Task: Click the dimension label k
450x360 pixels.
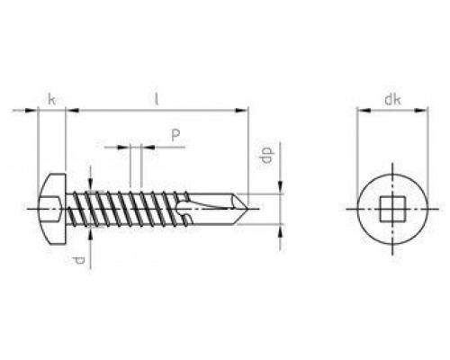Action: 51,99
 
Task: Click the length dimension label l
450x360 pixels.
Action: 156,99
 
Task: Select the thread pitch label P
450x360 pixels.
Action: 175,135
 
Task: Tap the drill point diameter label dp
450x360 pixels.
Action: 267,155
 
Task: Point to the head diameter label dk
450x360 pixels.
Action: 392,100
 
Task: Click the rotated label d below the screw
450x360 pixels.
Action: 78,261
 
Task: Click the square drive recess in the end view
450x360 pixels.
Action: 392,209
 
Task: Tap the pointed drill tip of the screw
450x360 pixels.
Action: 247,209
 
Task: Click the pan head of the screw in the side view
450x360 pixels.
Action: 52,209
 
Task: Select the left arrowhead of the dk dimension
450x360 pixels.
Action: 364,111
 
